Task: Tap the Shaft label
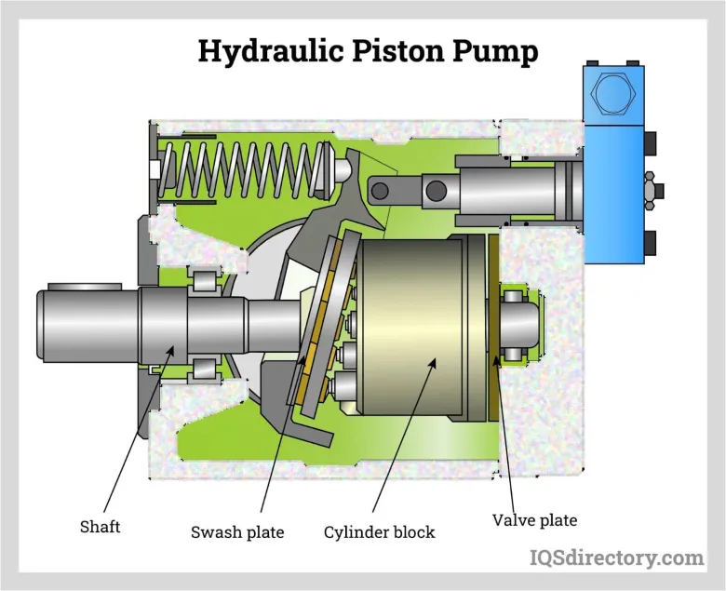[100, 527]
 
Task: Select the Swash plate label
[237, 532]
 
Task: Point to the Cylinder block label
[379, 532]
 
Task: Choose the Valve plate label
[535, 520]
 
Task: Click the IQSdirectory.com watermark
[617, 557]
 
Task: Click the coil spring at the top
[242, 169]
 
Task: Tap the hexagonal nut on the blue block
[613, 94]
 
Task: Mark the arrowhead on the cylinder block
[432, 362]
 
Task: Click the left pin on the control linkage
[380, 191]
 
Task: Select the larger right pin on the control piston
[437, 191]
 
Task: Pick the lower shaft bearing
[204, 369]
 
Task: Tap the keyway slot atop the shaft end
[85, 287]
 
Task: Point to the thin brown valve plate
[493, 329]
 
